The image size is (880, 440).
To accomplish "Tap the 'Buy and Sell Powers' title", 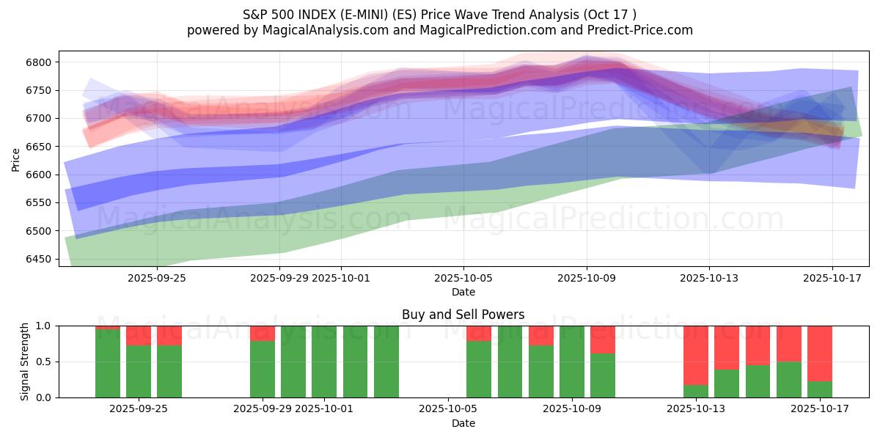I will tap(463, 315).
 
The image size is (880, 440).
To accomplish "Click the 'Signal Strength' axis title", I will tap(25, 362).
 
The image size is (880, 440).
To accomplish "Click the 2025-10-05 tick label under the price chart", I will tap(463, 278).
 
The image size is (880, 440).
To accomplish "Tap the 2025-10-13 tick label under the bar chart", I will tap(695, 409).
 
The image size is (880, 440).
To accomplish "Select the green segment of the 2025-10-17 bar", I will tap(820, 389).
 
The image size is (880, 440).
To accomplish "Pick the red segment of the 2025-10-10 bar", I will tap(603, 340).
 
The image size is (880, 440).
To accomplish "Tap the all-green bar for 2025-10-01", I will tap(324, 362).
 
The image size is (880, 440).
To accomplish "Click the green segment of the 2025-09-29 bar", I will tap(263, 369).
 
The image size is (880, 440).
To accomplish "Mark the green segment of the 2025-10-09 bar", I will tap(572, 362).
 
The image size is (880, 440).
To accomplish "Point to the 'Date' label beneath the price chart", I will tap(463, 292).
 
